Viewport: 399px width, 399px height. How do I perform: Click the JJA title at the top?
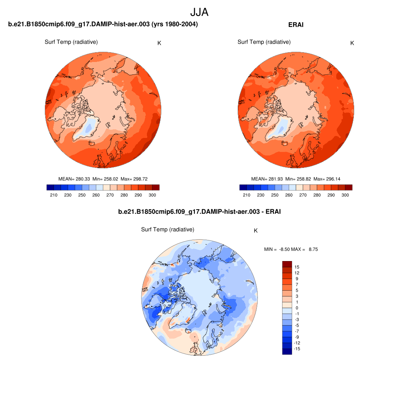click(x=199, y=12)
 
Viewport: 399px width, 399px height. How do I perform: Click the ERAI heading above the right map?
click(x=296, y=25)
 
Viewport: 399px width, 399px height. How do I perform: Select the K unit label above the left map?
click(x=159, y=43)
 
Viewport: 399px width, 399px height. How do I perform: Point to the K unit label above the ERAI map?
click(x=352, y=43)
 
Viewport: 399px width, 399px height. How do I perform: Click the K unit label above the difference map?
click(x=256, y=231)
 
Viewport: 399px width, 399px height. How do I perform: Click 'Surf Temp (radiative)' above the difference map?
click(x=168, y=230)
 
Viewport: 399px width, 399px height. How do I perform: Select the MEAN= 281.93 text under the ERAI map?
click(x=267, y=179)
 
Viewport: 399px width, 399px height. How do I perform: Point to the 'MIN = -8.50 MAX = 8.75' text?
click(x=291, y=249)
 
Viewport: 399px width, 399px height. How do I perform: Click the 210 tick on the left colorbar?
click(x=54, y=195)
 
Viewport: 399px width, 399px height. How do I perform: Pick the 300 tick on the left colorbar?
click(x=152, y=195)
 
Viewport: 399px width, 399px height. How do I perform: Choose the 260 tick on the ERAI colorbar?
click(x=289, y=195)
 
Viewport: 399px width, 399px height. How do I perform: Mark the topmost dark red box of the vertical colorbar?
click(x=287, y=264)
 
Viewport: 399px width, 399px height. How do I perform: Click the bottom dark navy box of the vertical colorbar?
click(x=287, y=351)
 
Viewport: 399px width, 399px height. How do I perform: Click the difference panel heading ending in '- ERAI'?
click(x=199, y=212)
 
